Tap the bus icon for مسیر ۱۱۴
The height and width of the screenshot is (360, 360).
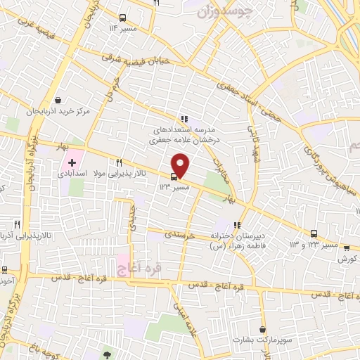click(x=123, y=18)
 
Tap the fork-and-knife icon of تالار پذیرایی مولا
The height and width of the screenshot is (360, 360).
click(x=118, y=162)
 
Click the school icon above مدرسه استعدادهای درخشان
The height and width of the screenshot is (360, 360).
click(x=184, y=119)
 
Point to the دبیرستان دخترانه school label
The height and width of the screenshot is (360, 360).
click(x=232, y=236)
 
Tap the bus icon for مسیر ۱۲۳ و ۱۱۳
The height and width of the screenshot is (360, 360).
click(x=314, y=234)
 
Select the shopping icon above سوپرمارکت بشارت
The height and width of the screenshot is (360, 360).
click(x=262, y=329)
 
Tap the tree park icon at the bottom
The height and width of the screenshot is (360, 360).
click(x=107, y=355)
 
